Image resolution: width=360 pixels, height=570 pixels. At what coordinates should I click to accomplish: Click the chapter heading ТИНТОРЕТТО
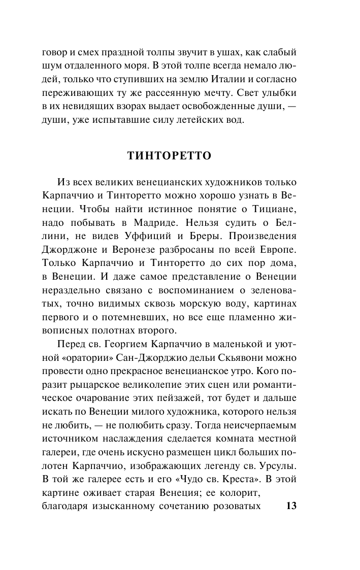click(169, 156)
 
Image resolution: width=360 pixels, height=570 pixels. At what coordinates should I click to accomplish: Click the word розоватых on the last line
click(237, 506)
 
